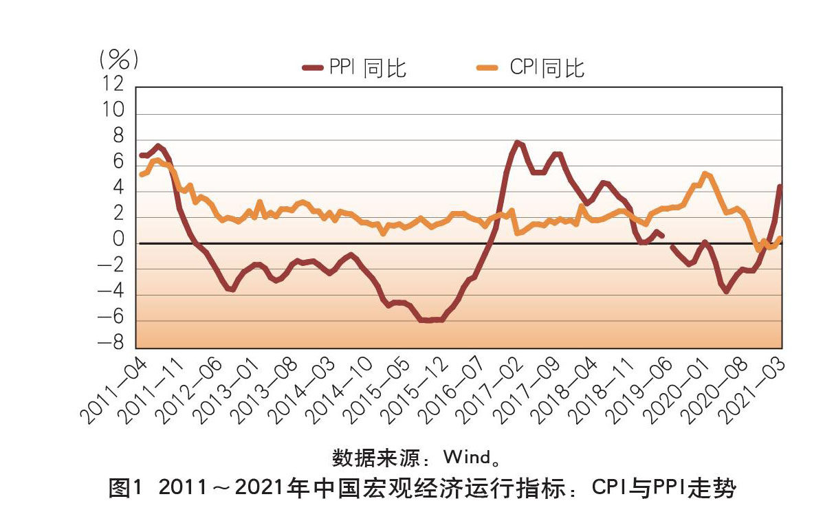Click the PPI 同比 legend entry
(355, 67)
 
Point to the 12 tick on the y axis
(113, 84)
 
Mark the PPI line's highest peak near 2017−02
(517, 143)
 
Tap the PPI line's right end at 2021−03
(781, 186)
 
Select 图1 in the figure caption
(124, 489)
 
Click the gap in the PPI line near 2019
(667, 241)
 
